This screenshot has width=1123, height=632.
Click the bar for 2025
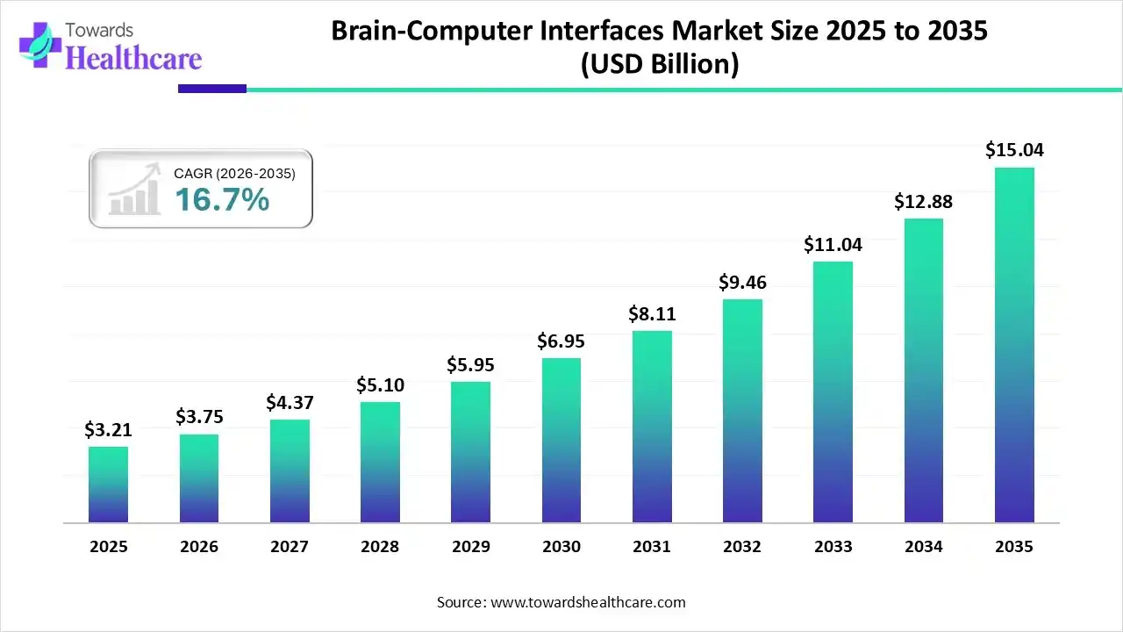108,485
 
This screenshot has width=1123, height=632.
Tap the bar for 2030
561,440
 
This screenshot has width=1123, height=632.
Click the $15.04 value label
1014,150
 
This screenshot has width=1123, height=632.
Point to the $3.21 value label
108,429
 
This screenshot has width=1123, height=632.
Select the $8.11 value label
652,313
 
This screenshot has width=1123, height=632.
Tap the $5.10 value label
380,384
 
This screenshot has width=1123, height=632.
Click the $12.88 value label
923,201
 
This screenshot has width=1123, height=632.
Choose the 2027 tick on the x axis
290,547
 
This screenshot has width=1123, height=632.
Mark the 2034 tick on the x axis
923,547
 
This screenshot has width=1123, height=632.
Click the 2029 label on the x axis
470,547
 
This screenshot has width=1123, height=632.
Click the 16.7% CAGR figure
221,200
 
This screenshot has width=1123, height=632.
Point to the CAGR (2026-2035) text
234,174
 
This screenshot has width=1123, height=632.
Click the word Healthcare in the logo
133,58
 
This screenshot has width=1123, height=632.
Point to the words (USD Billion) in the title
659,63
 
